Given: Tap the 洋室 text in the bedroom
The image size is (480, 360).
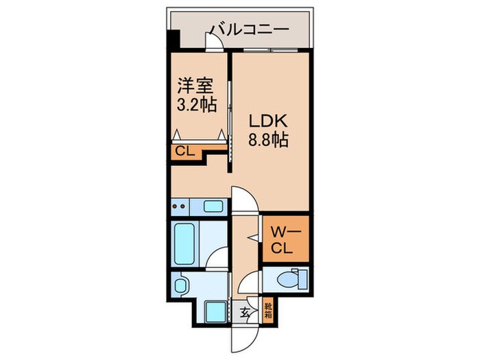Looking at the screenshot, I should click(x=195, y=86).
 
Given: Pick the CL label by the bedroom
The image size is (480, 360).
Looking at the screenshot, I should click(x=183, y=152).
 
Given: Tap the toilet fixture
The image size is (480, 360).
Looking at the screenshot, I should click(x=291, y=279).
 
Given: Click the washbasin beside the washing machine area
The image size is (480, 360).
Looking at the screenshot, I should click(x=182, y=285).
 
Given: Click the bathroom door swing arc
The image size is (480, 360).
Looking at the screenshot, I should click(x=218, y=260).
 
